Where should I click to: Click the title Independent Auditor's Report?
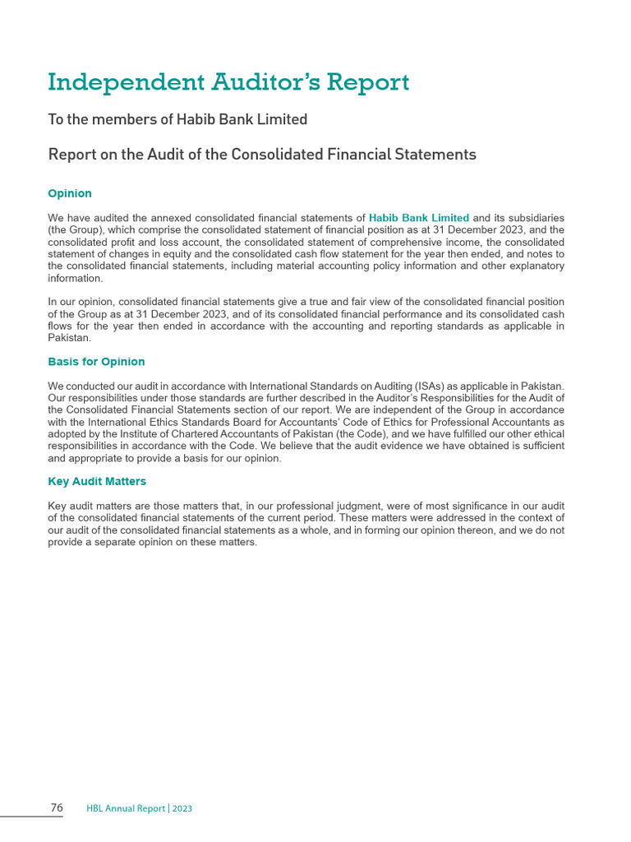(x=228, y=83)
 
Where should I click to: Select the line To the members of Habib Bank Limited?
(x=177, y=120)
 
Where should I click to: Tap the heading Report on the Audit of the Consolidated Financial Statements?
(x=262, y=155)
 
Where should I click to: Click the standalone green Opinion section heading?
(x=70, y=194)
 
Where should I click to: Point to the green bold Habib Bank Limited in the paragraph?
(x=419, y=218)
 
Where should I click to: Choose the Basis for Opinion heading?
(x=96, y=362)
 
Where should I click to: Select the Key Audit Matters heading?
(x=97, y=481)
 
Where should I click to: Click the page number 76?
(x=57, y=808)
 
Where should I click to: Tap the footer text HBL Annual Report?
(x=126, y=809)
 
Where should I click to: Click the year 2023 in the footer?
(x=182, y=809)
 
